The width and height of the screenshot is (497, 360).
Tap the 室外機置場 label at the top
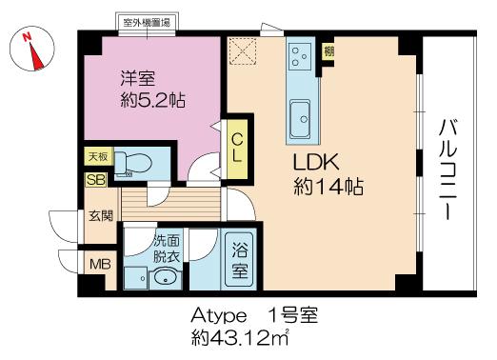[147, 23]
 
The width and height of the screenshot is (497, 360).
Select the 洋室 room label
[137, 79]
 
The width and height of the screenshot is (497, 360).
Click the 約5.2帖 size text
[152, 100]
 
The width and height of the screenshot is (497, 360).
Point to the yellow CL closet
[237, 150]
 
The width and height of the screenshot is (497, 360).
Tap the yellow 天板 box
[98, 156]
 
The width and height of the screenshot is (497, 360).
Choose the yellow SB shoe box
[96, 180]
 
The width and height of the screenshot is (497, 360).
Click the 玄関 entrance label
[101, 216]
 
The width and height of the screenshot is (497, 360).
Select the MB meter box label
[100, 264]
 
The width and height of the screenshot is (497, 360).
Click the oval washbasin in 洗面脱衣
[165, 277]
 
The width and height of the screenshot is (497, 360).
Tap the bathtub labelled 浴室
[240, 260]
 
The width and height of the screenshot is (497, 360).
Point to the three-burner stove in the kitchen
[300, 57]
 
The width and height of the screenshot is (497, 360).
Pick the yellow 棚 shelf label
[328, 50]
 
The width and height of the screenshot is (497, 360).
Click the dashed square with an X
[243, 51]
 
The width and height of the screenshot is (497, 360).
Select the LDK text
[316, 162]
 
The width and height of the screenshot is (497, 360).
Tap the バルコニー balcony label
[448, 170]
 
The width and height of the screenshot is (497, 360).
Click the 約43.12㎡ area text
[240, 338]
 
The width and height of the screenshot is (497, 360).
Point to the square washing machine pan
[136, 278]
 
